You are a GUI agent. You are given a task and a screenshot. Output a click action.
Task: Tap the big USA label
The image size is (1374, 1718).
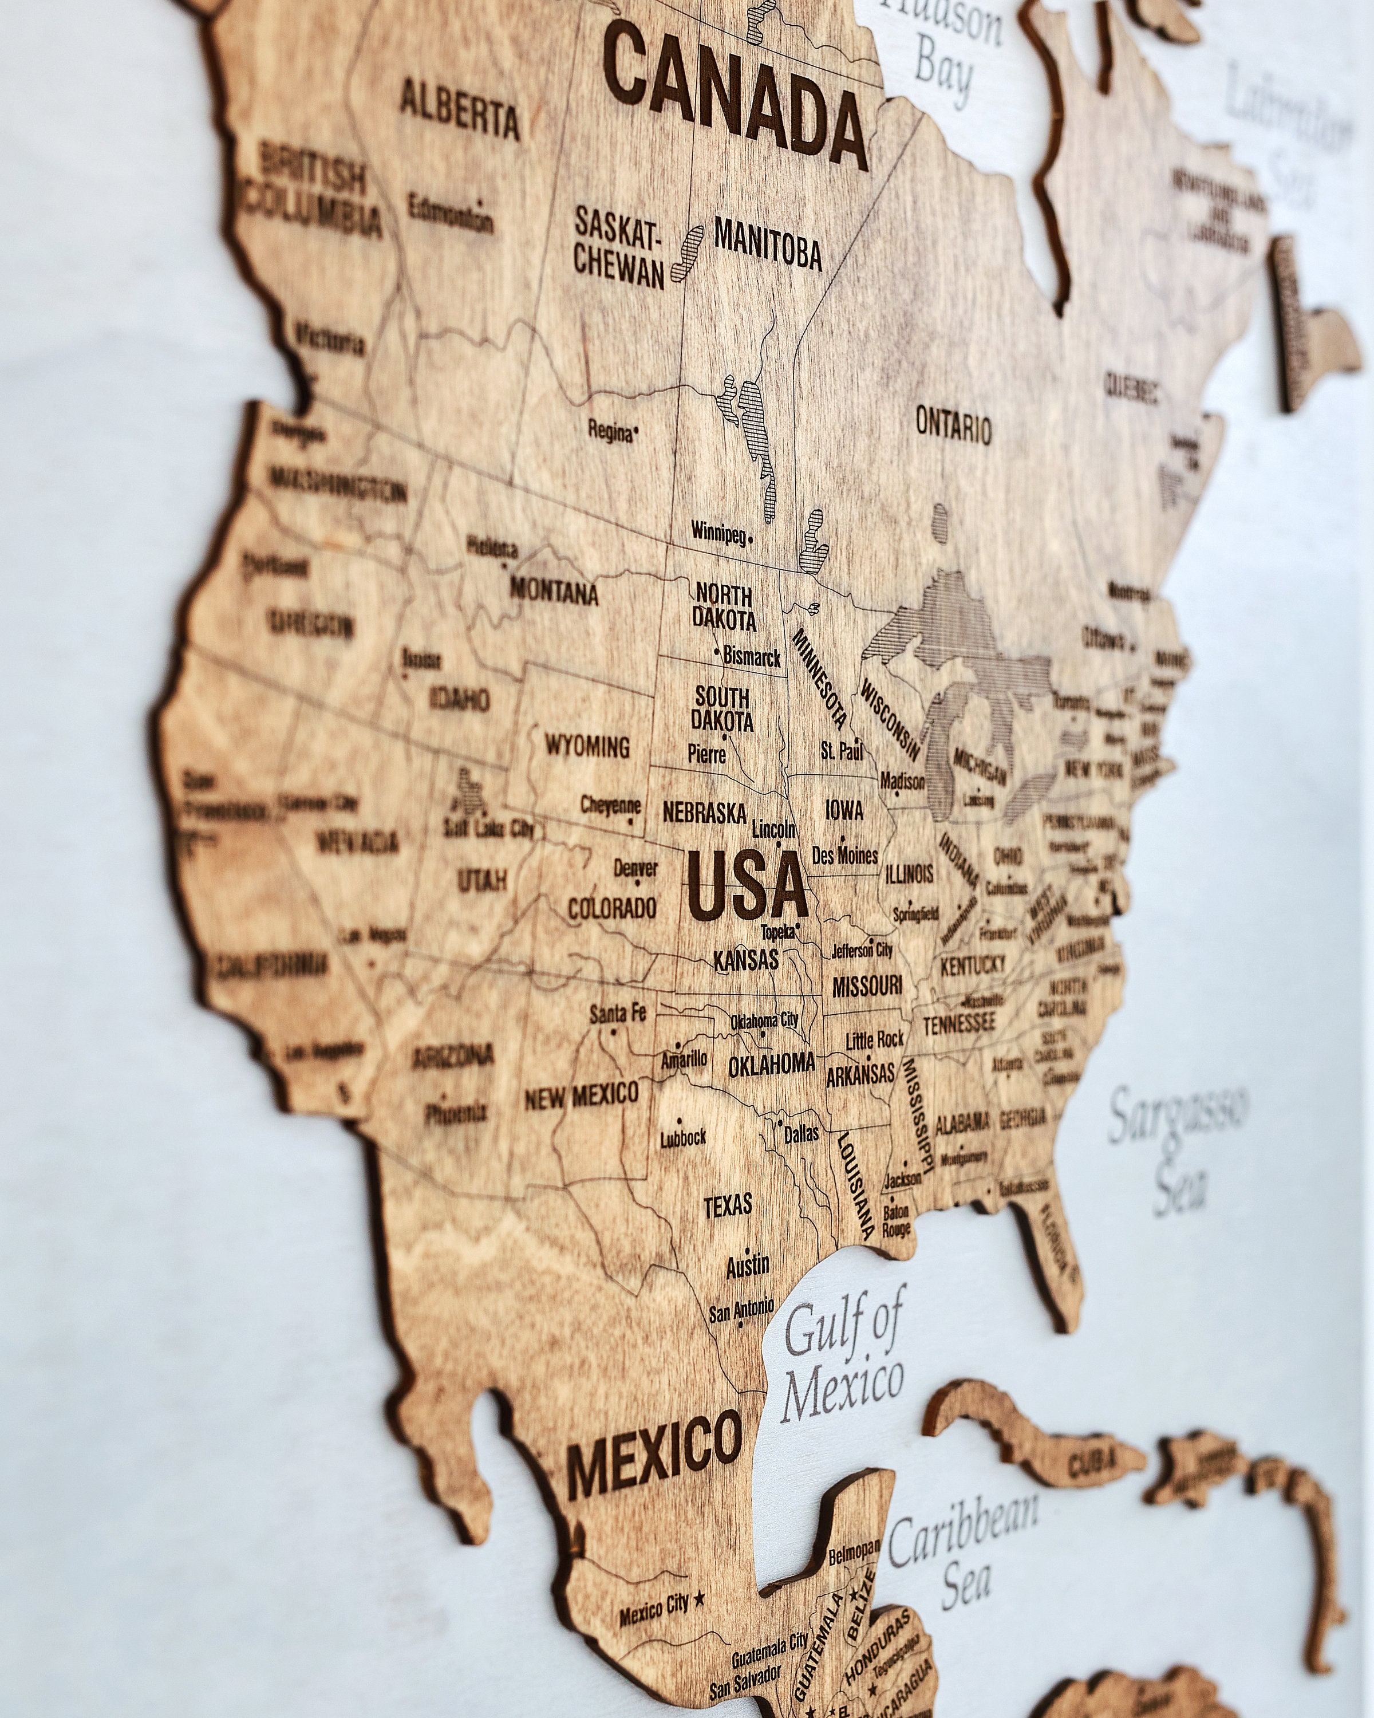point(747,885)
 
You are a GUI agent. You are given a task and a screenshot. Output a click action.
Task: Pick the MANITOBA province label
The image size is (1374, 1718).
point(767,243)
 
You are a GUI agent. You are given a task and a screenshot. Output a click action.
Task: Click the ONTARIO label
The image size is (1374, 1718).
point(953,425)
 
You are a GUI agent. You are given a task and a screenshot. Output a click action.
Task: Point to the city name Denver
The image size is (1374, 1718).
point(635,867)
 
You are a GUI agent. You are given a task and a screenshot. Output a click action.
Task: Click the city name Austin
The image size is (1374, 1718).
point(747,1266)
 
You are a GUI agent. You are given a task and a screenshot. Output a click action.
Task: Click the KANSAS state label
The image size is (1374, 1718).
point(745,959)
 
